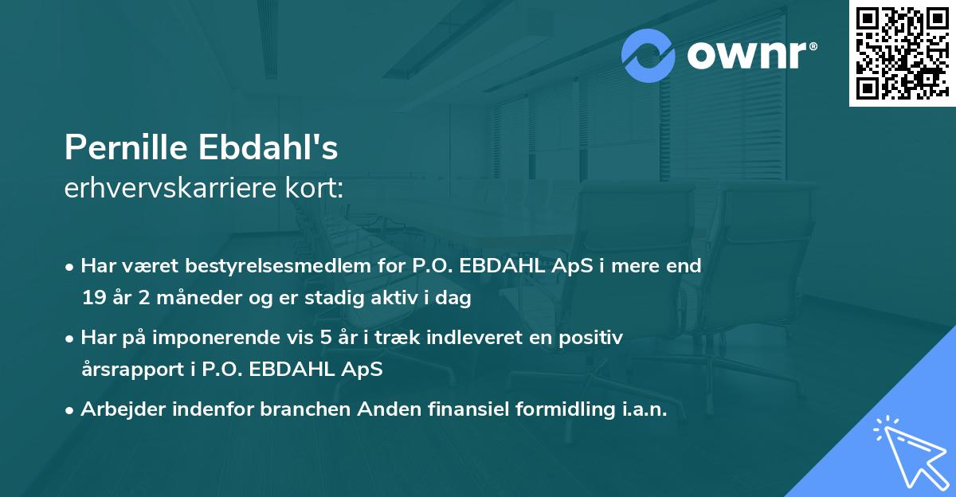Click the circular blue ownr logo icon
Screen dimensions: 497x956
coord(648,56)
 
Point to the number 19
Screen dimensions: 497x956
coord(93,299)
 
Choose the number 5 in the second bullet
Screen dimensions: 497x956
coord(325,337)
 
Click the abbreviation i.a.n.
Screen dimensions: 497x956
coord(642,409)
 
